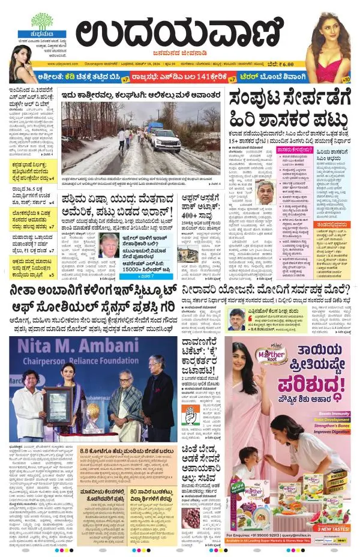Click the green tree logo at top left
click(42, 21)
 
